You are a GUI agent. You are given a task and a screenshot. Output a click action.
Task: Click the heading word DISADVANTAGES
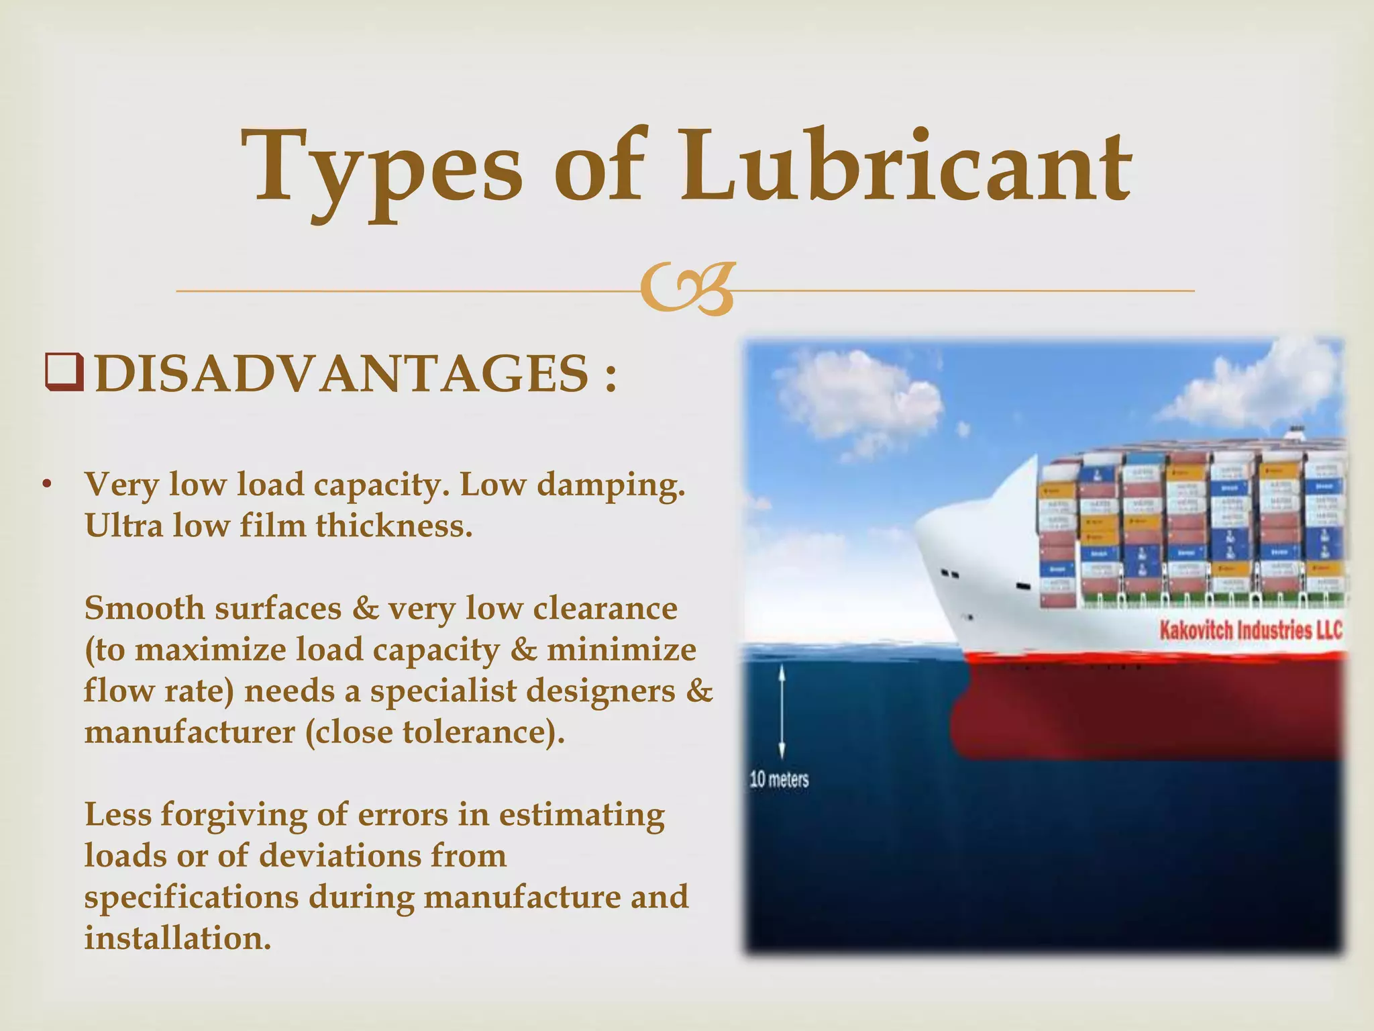[342, 375]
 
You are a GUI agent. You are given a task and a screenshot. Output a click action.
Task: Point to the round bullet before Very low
[46, 485]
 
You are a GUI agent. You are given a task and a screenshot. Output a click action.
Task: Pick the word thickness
[394, 526]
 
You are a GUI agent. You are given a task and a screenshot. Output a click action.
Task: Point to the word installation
[177, 938]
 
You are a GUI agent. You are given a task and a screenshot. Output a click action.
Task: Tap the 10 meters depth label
[779, 779]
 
